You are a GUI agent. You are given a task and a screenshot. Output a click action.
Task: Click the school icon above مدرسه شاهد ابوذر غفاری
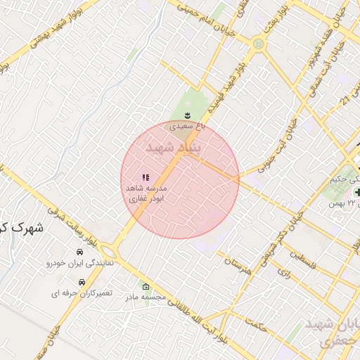pos(146,178)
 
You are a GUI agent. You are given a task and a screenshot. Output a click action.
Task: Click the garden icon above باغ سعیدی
pos(187,115)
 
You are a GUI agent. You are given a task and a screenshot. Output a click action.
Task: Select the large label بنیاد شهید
pos(172,148)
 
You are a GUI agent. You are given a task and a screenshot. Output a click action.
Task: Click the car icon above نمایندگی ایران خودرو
pos(79,252)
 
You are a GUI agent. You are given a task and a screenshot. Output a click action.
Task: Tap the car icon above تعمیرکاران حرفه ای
pos(82,281)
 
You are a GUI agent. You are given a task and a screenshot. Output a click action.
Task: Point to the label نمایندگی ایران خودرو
pos(79,263)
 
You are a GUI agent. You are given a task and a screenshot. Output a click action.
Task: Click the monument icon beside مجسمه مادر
pos(146,287)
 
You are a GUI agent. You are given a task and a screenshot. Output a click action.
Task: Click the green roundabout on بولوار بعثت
pos(259,44)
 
